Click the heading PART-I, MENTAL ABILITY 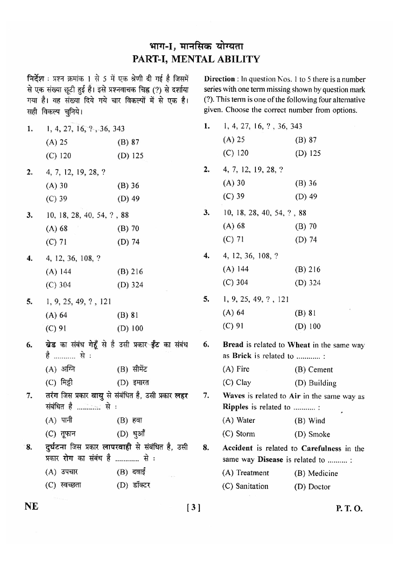[196, 59]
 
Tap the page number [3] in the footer [193, 508]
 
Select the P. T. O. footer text [349, 509]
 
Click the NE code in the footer [31, 507]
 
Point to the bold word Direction [219, 79]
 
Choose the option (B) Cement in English [314, 370]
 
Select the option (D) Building [315, 383]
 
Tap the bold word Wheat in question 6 [298, 345]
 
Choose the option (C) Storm [239, 434]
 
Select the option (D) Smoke [312, 435]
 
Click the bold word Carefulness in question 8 [321, 449]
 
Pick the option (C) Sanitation [245, 486]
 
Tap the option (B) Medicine [316, 474]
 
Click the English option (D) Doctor [312, 487]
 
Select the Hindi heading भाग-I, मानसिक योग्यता [196, 46]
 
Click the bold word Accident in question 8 [237, 449]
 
